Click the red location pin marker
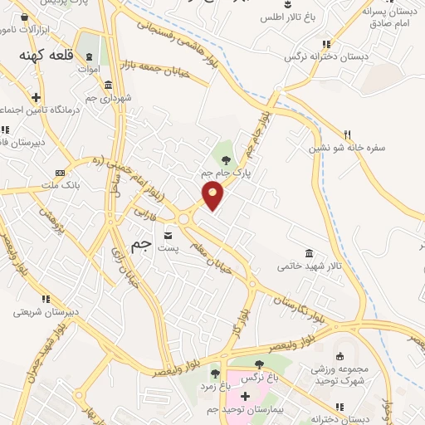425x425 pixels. click(x=213, y=195)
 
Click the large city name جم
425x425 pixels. click(x=143, y=246)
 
